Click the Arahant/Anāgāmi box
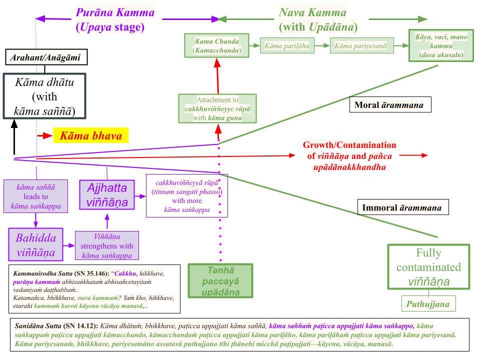[46, 57]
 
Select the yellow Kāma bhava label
[91, 135]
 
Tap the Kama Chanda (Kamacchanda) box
[216, 45]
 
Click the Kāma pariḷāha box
[287, 46]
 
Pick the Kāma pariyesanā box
[361, 46]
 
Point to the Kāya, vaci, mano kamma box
[441, 45]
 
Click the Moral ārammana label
[390, 104]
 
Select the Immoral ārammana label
[403, 207]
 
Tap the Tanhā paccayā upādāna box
[220, 280]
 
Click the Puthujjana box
[428, 303]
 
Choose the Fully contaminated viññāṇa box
[428, 266]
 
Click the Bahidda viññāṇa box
[36, 244]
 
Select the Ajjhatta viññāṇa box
[107, 195]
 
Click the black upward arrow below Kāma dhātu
[14, 137]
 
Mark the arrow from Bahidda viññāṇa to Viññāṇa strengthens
[69, 245]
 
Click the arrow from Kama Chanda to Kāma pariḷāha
[254, 45]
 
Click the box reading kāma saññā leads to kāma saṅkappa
[36, 196]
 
